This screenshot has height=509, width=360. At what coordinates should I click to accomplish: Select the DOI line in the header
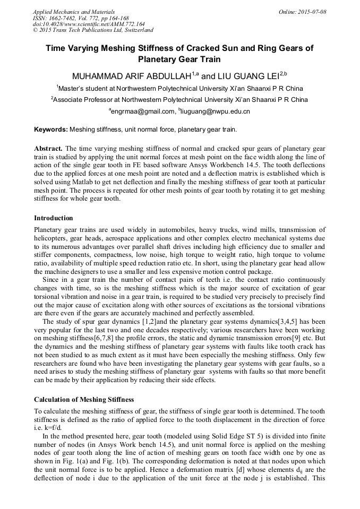click(x=89, y=24)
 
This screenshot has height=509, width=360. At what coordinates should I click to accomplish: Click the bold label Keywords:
click(x=51, y=130)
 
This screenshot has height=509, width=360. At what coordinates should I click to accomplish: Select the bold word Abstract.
click(x=48, y=148)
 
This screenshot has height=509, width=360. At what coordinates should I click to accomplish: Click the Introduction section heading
click(x=53, y=218)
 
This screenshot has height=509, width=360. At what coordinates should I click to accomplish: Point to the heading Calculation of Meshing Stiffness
click(x=84, y=399)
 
